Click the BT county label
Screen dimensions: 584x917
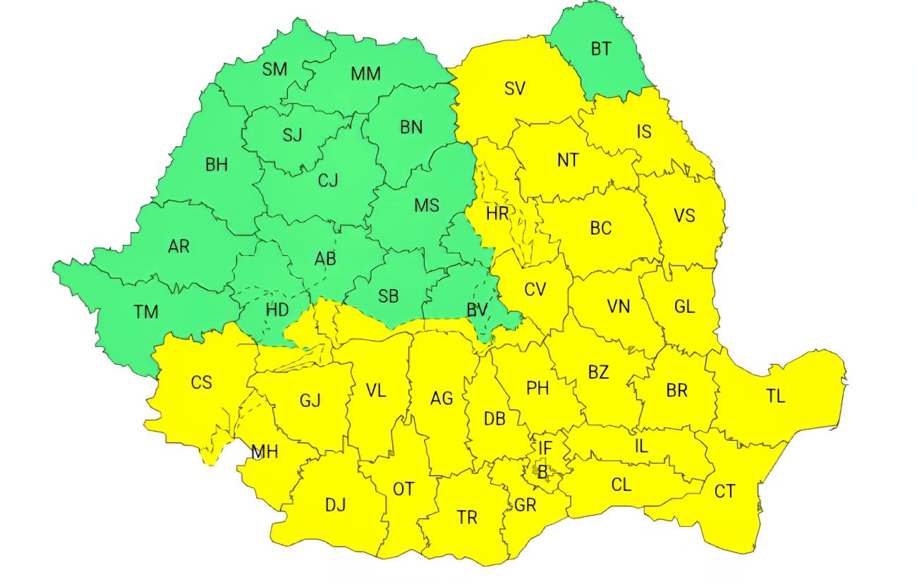(x=600, y=49)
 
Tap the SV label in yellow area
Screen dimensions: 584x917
(x=515, y=88)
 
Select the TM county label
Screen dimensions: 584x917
(x=146, y=311)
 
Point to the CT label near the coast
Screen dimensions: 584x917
(x=724, y=492)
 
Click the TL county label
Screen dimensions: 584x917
(x=775, y=396)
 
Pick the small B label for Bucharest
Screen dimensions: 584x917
(x=542, y=473)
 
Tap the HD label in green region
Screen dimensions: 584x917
(x=277, y=310)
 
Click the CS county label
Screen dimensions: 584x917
(x=201, y=382)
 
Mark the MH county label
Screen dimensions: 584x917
(x=265, y=452)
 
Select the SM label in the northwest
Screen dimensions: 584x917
(x=274, y=69)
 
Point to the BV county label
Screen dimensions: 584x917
(x=478, y=310)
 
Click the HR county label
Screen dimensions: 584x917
(x=497, y=213)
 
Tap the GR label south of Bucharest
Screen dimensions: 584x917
(x=526, y=506)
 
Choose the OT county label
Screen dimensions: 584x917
(x=403, y=489)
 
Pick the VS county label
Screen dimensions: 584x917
(x=684, y=215)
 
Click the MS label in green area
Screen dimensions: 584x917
(x=426, y=205)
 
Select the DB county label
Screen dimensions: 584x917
(x=494, y=419)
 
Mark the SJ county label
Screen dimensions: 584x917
(x=292, y=135)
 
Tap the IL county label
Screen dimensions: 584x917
(x=640, y=446)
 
